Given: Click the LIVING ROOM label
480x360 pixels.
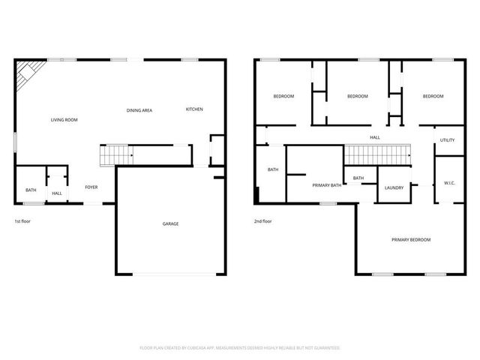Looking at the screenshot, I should [x=64, y=120].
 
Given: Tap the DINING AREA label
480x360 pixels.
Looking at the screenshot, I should [x=139, y=110].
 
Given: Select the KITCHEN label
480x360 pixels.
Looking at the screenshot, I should [x=194, y=109].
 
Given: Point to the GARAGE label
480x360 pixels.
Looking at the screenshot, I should [x=171, y=223].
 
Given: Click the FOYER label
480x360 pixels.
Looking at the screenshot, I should [x=91, y=187].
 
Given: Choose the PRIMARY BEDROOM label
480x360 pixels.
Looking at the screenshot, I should [x=411, y=240].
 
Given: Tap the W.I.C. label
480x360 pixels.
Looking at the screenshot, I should [x=449, y=183].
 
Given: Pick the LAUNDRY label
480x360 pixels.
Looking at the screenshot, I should [x=395, y=187].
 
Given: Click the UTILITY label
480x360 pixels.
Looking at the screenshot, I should [x=447, y=140].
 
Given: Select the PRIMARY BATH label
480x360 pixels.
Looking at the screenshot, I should [x=327, y=184].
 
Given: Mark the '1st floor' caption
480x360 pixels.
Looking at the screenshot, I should [x=22, y=221].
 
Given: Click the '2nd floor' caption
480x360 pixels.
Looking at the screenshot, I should [x=262, y=221].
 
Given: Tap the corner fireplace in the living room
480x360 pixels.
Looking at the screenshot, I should [x=28, y=72].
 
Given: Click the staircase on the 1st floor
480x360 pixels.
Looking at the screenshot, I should [x=116, y=154].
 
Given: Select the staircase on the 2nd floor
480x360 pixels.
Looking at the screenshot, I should [x=379, y=154].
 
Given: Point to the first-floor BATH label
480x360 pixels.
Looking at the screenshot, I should [x=31, y=190].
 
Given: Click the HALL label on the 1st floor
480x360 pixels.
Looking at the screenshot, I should [x=57, y=194].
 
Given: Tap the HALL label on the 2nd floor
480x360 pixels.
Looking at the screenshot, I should [x=375, y=137].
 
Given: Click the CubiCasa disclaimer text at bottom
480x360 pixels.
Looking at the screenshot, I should [x=240, y=348].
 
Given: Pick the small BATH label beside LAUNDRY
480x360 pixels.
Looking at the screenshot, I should [x=358, y=178].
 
